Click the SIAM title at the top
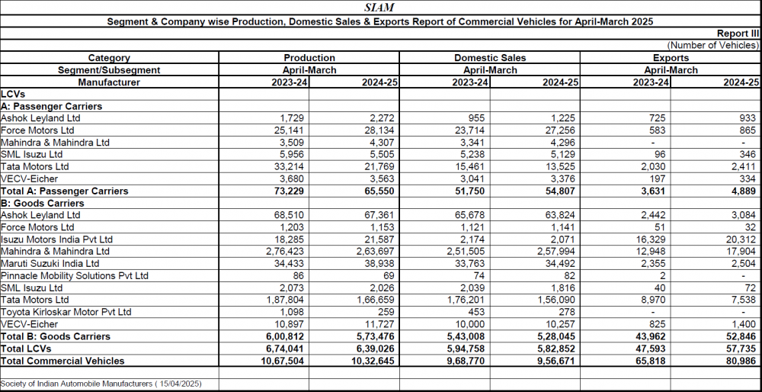pos(379,8)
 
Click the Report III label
pos(738,34)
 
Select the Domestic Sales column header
pos(490,58)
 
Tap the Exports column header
pos(671,58)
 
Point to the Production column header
pos(309,58)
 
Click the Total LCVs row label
pos(26,349)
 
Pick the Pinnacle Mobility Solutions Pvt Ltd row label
pos(75,276)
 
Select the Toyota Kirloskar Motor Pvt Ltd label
pos(66,312)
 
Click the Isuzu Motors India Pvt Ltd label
pos(59,239)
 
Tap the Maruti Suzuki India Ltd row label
pos(50,264)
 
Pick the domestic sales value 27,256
pos(563,130)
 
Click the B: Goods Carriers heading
pos(43,204)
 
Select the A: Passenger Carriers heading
pos(52,106)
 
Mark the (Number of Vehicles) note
pos(713,46)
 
